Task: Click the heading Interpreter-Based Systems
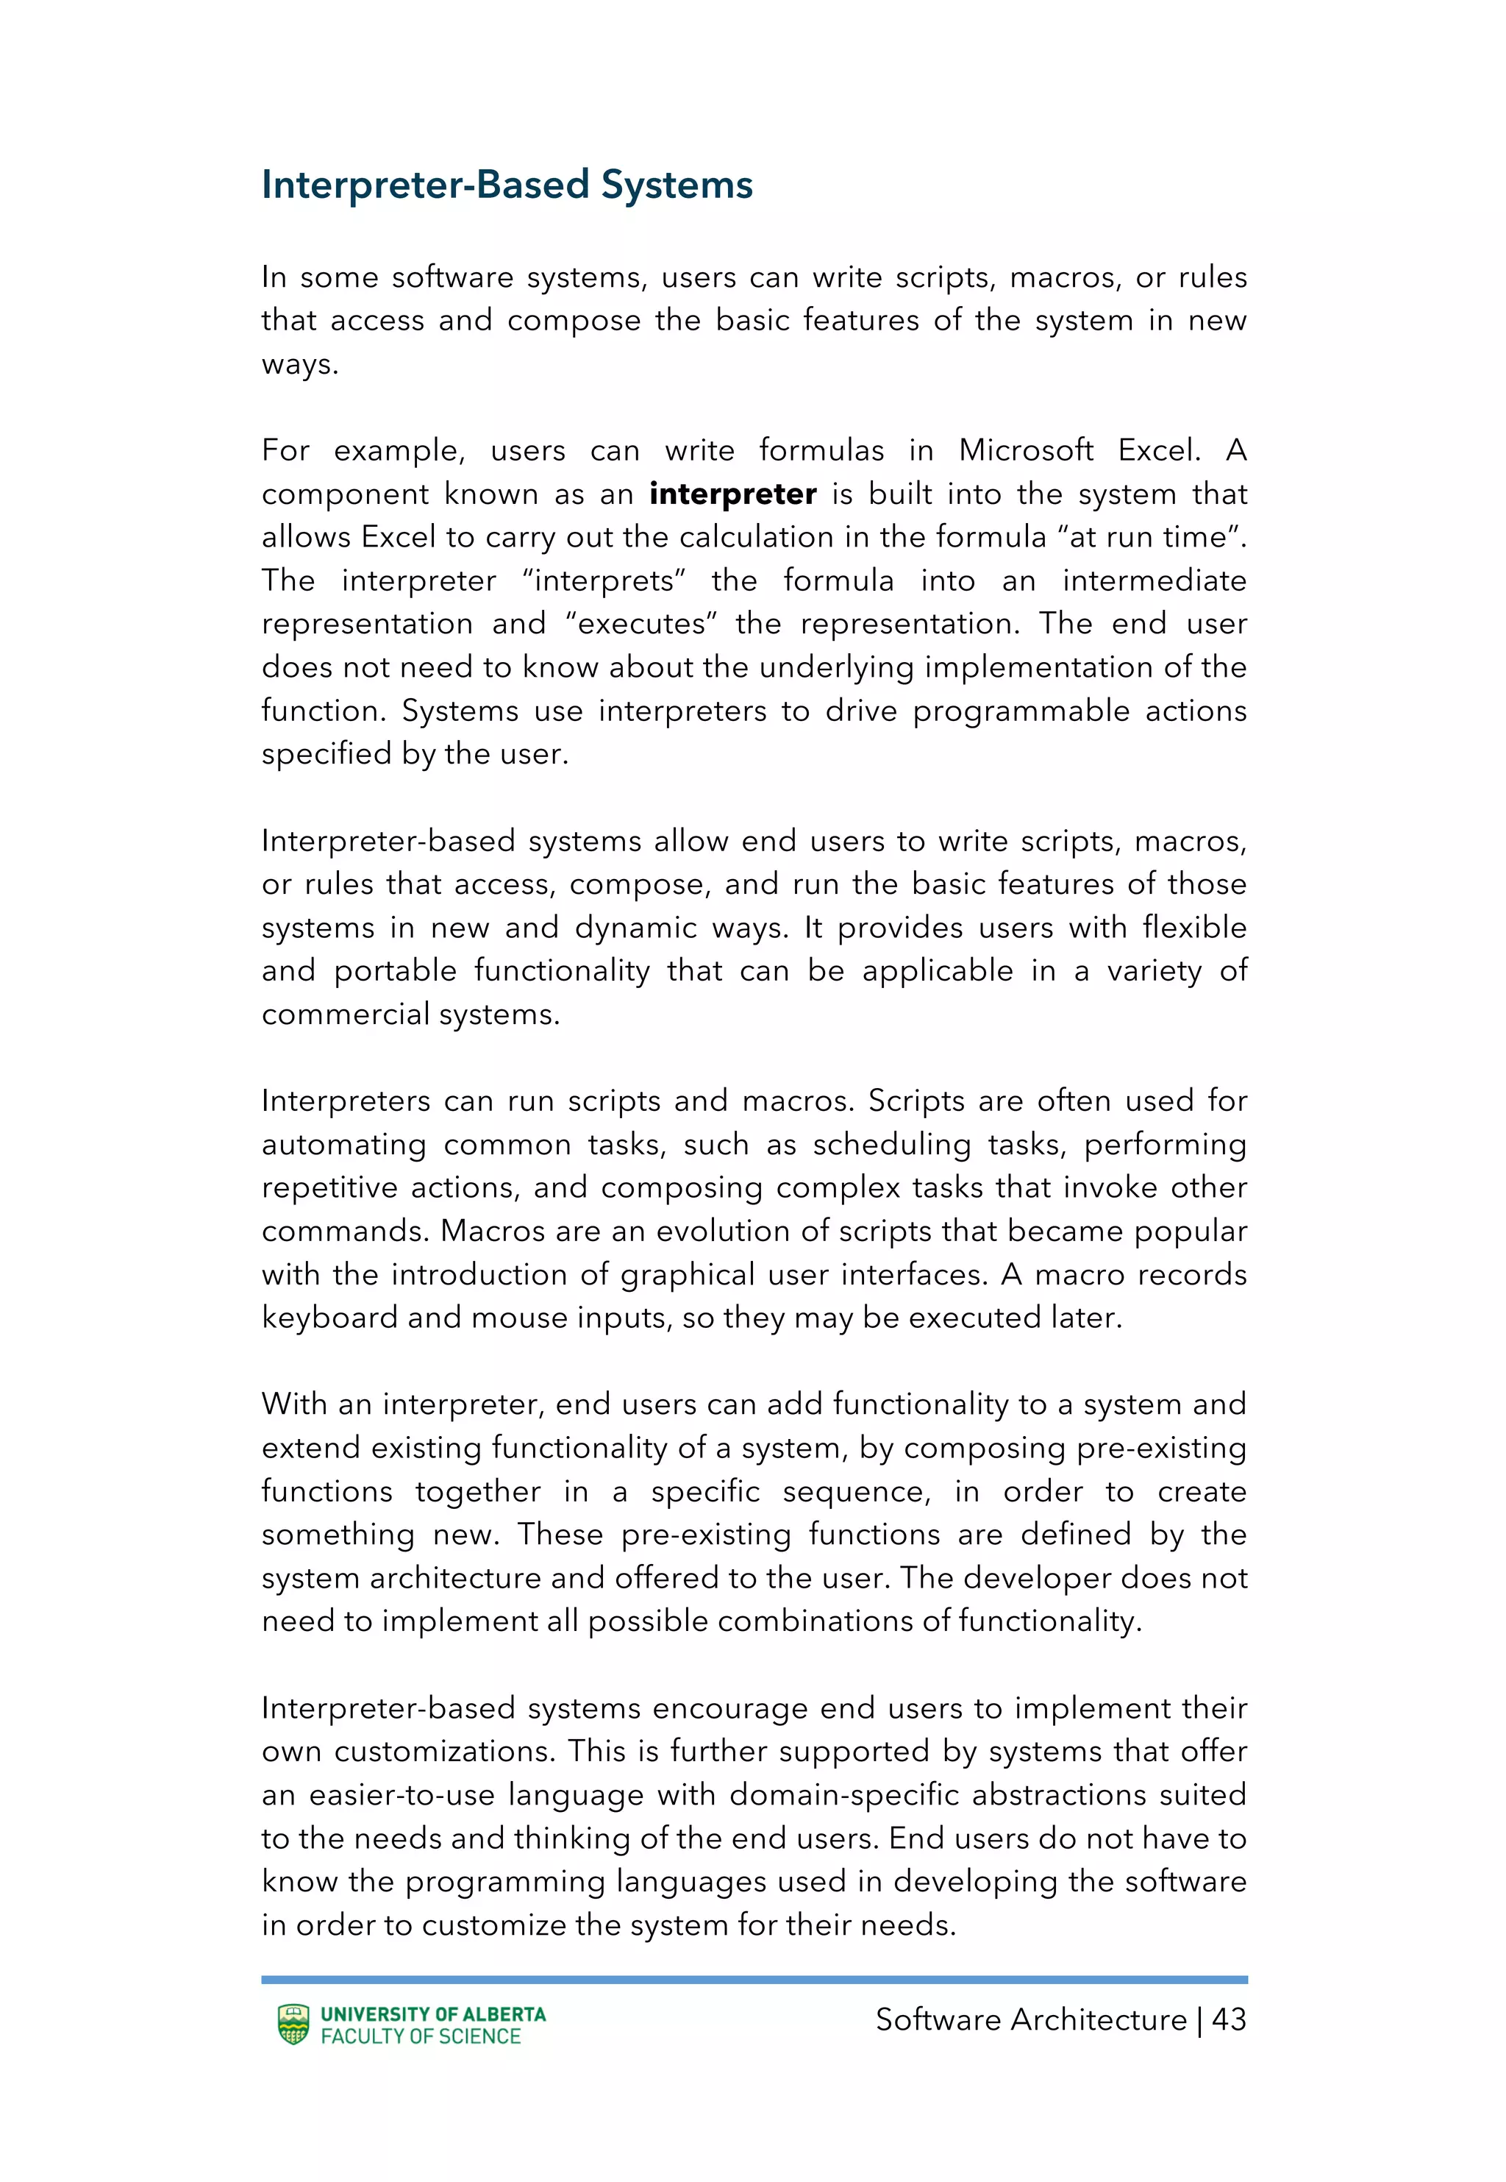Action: [507, 185]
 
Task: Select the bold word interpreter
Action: [732, 494]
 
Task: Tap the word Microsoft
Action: [1026, 450]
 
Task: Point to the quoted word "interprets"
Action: [604, 580]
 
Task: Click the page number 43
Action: [1229, 2019]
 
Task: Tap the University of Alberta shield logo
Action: [293, 2025]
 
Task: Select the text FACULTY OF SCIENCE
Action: [421, 2036]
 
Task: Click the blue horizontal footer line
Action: [753, 1979]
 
